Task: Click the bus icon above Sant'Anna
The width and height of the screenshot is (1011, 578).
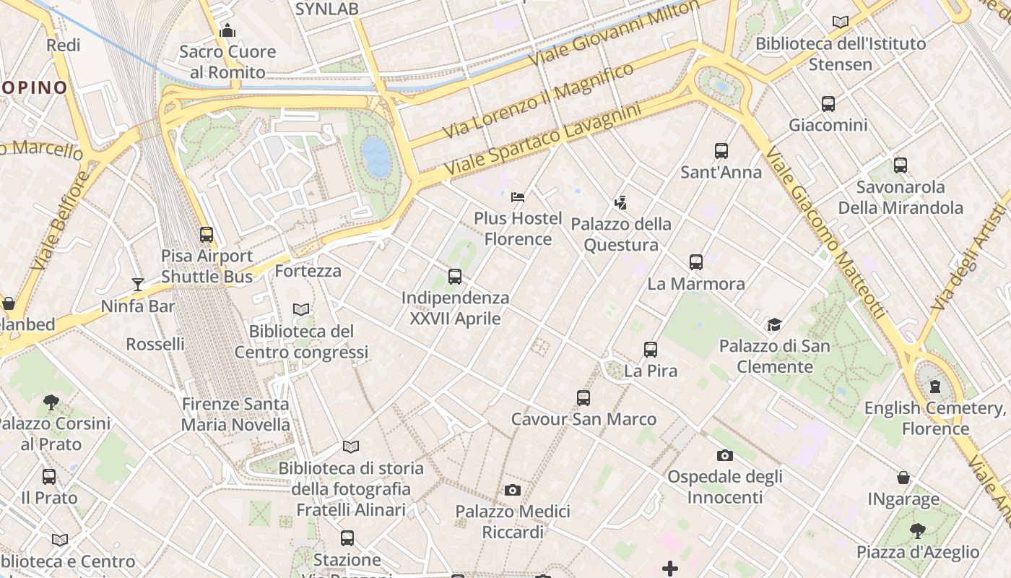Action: click(721, 151)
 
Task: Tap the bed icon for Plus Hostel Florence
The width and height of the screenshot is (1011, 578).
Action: click(518, 197)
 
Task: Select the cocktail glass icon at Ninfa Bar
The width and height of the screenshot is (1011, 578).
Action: click(137, 284)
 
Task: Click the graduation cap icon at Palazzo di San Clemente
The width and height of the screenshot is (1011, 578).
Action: click(774, 324)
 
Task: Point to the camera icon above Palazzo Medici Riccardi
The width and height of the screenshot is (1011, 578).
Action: click(512, 490)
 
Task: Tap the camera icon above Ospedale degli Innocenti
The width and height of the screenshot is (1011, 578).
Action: click(724, 455)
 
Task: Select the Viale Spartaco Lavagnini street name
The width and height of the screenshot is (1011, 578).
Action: click(542, 141)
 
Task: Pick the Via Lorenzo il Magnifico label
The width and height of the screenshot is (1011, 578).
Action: click(538, 101)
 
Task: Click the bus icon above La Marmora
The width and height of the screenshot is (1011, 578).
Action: click(695, 262)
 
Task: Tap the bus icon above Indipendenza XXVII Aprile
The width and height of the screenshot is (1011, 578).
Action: click(454, 276)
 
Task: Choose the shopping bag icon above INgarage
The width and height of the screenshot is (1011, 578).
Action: click(903, 478)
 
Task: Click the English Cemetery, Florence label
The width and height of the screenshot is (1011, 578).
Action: click(935, 418)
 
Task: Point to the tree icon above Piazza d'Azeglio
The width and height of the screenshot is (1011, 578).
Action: click(917, 531)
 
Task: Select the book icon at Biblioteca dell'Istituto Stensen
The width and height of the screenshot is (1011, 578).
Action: click(840, 22)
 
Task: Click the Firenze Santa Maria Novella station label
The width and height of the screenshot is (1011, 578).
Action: click(235, 415)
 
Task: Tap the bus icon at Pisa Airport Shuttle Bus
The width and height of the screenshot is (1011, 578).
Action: click(207, 234)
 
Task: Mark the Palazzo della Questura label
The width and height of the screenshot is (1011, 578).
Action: click(621, 235)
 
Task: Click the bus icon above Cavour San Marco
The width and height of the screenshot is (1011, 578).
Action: click(583, 397)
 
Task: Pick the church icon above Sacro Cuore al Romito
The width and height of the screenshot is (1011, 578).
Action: click(227, 30)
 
